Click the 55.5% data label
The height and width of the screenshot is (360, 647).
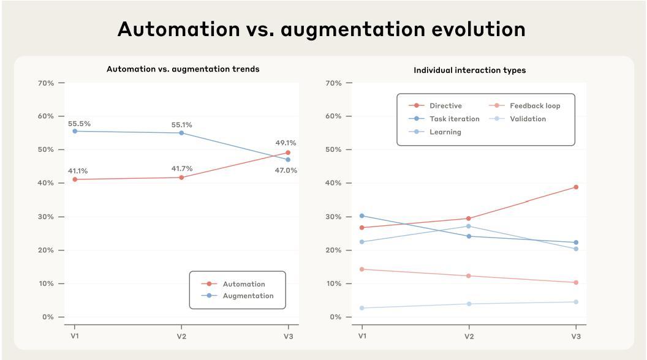(x=79, y=124)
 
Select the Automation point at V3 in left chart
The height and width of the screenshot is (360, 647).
(x=288, y=152)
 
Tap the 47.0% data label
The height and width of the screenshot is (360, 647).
(x=286, y=171)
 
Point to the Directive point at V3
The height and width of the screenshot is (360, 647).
(x=576, y=187)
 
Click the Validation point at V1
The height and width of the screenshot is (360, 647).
(x=362, y=308)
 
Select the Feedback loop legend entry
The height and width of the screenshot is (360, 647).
(x=534, y=106)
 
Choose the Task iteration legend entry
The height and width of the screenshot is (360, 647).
(x=454, y=119)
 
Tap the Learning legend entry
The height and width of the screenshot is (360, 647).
(x=445, y=132)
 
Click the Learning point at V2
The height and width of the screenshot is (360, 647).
(x=469, y=226)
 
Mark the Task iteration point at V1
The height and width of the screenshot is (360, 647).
(x=362, y=216)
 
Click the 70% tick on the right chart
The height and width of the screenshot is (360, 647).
(x=333, y=83)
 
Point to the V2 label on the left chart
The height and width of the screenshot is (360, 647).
(x=181, y=336)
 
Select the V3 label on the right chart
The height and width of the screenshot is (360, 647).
(x=576, y=336)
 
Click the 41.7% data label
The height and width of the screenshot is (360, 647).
(x=182, y=168)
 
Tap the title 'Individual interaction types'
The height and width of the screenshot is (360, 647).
(x=469, y=70)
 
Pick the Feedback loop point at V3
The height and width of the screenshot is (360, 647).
(x=576, y=282)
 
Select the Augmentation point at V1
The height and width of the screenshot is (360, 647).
(x=75, y=131)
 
